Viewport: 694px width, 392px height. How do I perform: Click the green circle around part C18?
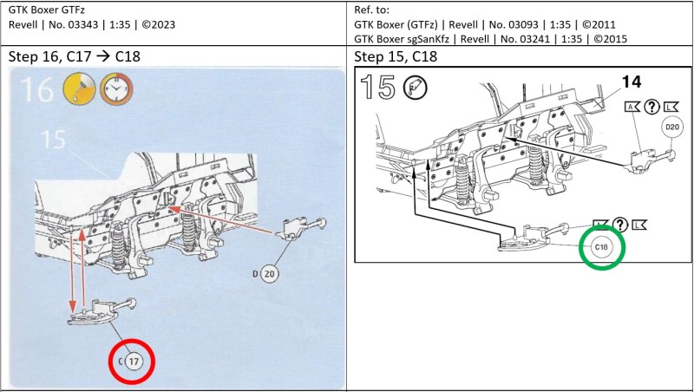click(602, 246)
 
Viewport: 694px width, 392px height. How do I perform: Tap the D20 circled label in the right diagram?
click(671, 127)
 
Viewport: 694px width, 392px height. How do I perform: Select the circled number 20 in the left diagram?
click(269, 275)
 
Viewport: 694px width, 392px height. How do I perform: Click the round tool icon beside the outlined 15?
click(414, 89)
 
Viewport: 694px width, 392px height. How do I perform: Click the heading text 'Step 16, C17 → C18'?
click(75, 57)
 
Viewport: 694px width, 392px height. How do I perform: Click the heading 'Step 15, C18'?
click(396, 57)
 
